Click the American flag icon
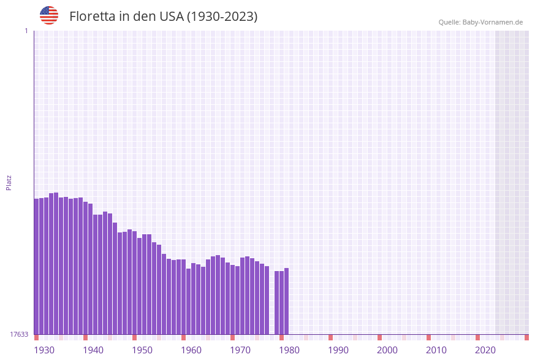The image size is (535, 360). click(49, 15)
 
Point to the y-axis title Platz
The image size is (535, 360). click(9, 182)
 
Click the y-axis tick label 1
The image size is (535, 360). click(26, 31)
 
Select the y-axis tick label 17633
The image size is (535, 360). click(19, 334)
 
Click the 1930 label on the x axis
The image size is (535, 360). click(44, 350)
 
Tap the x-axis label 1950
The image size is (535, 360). click(142, 350)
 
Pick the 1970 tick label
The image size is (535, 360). click(240, 350)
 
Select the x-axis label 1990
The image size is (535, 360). click(338, 350)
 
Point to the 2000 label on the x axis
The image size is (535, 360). click(387, 350)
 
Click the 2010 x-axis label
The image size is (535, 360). click(436, 350)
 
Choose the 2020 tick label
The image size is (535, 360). click(485, 350)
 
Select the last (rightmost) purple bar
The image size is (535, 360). click(286, 301)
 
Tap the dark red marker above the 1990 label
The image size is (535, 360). click(330, 337)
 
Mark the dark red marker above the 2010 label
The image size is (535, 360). click(428, 337)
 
